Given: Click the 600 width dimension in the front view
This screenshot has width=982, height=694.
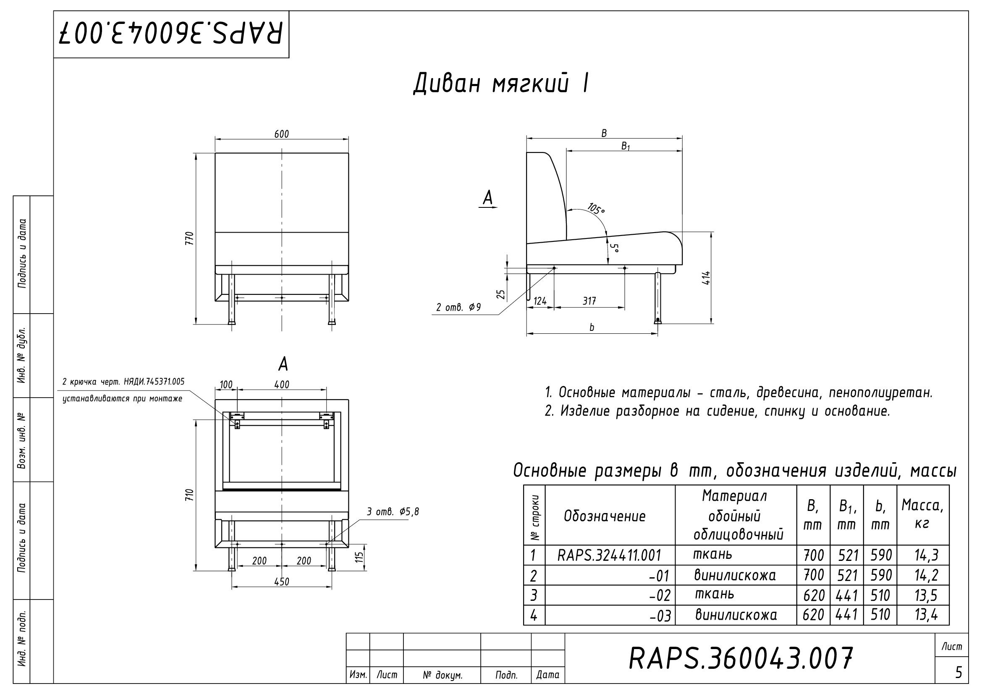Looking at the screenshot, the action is click(x=281, y=134).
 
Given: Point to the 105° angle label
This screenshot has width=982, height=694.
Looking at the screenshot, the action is click(x=596, y=209).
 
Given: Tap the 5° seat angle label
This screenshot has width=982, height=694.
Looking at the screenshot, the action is click(x=614, y=249).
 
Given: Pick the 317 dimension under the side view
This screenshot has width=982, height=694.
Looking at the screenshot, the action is click(x=589, y=301).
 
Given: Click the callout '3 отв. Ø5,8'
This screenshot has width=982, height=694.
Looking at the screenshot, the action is click(x=393, y=511).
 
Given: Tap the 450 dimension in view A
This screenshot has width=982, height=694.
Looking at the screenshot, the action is click(x=281, y=581).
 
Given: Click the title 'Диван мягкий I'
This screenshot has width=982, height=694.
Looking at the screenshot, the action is click(x=501, y=84).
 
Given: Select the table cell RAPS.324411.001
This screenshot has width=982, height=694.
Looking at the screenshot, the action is click(x=610, y=555).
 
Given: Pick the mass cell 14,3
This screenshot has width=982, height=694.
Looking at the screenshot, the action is click(x=927, y=555).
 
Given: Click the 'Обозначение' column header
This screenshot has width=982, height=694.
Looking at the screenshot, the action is click(x=604, y=516).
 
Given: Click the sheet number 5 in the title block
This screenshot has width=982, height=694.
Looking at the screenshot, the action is click(x=958, y=673).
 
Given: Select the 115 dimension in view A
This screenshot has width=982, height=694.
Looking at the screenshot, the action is click(x=360, y=557).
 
